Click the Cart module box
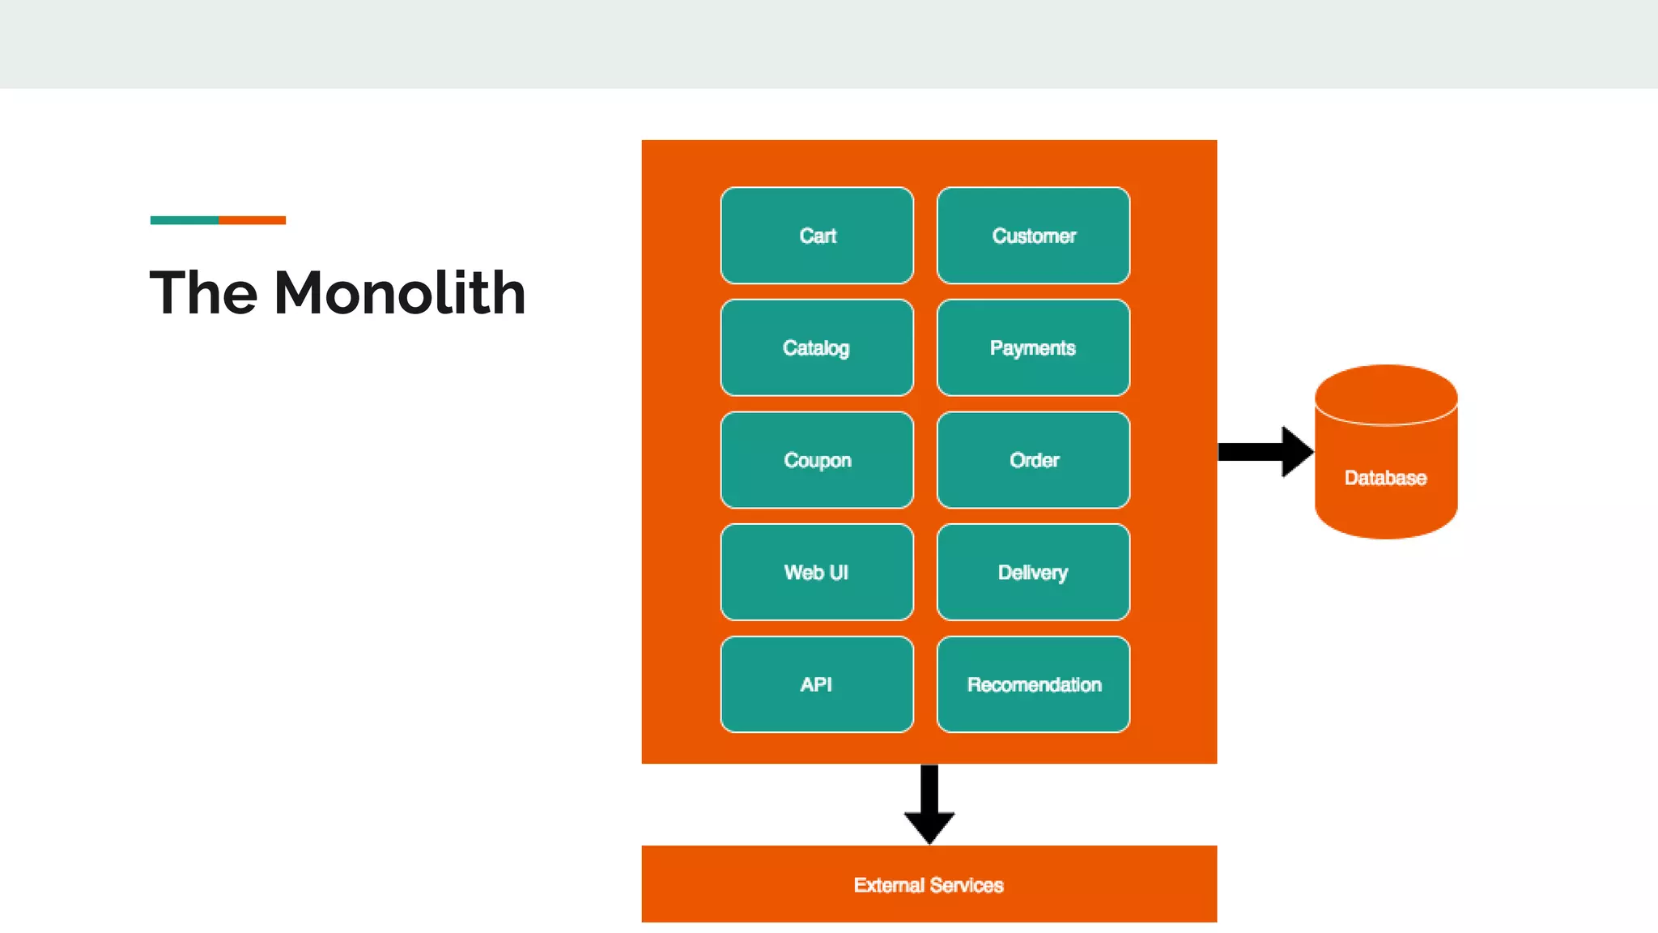pos(817,236)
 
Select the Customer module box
pos(1033,236)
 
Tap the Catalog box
pos(817,348)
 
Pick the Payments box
pos(1033,348)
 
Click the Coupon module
pos(817,460)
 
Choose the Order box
pos(1033,460)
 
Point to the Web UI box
pos(817,573)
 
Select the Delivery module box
pos(1033,573)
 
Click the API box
pos(817,684)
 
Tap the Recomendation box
pos(1033,684)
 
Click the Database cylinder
pos(1386,478)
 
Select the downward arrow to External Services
pos(929,805)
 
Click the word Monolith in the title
pos(400,293)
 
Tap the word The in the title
pos(203,293)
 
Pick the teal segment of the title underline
pos(184,220)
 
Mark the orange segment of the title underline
pos(252,220)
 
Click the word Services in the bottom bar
pos(967,885)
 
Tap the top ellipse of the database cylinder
pos(1386,394)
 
